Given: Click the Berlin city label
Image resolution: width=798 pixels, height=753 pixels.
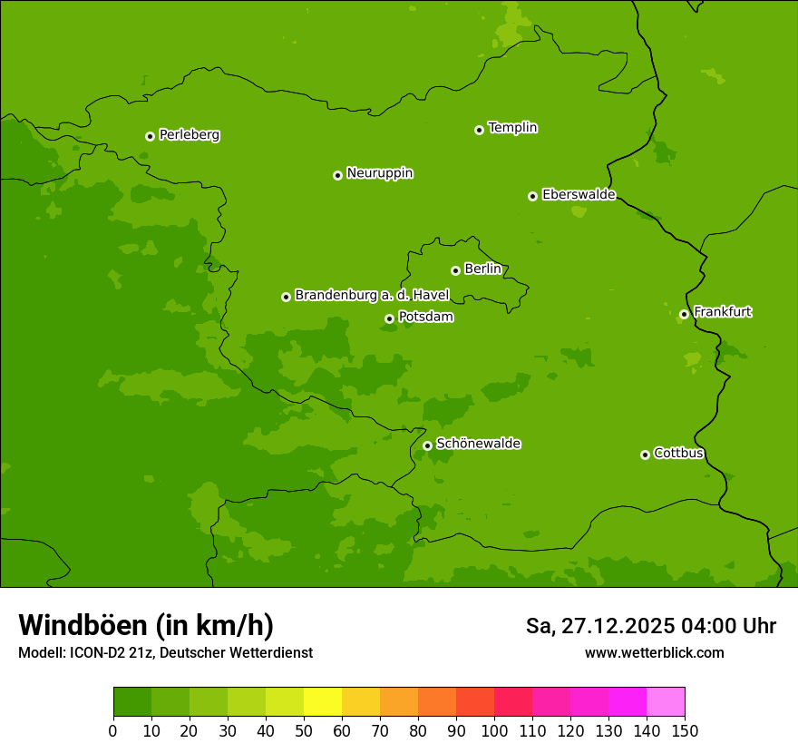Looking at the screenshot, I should tap(482, 269).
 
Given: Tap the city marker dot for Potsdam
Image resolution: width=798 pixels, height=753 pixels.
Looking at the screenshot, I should tap(389, 318).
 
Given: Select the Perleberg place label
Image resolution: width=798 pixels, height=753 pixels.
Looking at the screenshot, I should tap(189, 135).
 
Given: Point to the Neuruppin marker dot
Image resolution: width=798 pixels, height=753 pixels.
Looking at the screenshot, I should tap(337, 175).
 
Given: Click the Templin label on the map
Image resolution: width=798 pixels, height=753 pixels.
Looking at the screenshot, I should tap(512, 128).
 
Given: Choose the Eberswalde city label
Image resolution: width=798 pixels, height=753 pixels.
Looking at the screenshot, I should tap(579, 195).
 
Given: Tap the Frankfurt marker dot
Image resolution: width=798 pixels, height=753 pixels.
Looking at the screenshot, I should tap(684, 315).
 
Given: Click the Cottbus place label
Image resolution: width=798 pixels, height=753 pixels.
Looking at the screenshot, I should tap(678, 454).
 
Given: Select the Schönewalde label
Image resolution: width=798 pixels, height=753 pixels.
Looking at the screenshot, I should tap(478, 444).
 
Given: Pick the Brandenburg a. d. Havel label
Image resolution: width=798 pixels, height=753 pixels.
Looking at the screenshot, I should tap(372, 296).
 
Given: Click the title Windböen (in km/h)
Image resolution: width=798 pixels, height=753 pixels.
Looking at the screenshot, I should tap(145, 625).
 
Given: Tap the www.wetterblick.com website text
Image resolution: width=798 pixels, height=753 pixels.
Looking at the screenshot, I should tap(654, 652).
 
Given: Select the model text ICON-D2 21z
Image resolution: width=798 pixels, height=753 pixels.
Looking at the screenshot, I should tap(111, 652).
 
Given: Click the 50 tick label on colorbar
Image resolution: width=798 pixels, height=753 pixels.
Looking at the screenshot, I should tap(304, 730).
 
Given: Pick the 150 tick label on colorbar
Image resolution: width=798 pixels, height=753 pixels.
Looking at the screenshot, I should tap(685, 730).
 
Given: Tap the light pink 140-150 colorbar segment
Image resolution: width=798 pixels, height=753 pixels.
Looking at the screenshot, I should tap(666, 702).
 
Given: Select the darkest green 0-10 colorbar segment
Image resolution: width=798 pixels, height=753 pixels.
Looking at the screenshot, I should tap(132, 702).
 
